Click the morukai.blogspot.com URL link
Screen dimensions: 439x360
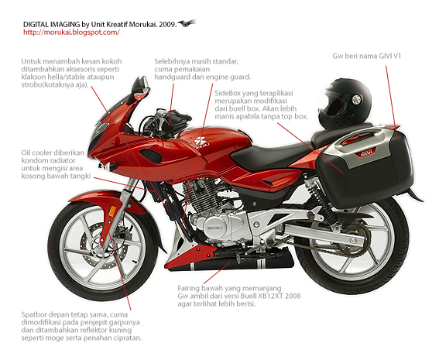(71, 33)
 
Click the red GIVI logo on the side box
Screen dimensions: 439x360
(364, 153)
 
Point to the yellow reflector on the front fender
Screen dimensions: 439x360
(112, 211)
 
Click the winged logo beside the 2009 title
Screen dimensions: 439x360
(187, 23)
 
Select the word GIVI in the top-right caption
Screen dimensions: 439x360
(386, 56)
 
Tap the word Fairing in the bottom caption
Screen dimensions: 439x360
(189, 289)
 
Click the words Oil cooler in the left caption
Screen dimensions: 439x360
(37, 153)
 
